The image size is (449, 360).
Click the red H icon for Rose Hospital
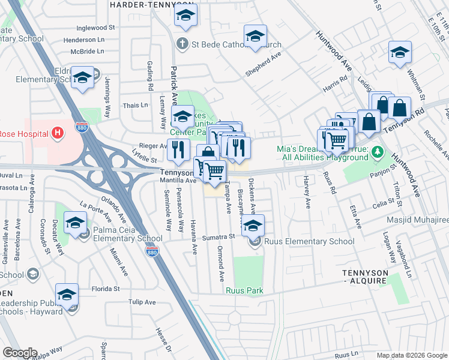click(58, 133)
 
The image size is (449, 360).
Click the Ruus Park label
click(244, 291)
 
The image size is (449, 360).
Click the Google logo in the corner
click(20, 353)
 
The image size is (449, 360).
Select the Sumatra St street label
click(218, 238)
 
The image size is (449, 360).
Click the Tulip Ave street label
click(140, 302)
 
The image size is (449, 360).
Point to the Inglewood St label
click(95, 28)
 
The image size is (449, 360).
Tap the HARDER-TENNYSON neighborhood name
click(144, 4)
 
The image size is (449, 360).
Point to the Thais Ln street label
click(135, 105)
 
